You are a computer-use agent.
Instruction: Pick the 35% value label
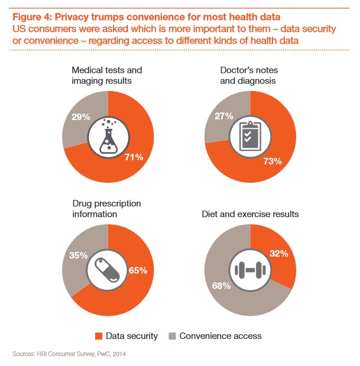pyautogui.click(x=77, y=257)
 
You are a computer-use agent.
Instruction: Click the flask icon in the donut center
pyautogui.click(x=108, y=136)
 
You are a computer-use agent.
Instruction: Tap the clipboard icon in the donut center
pyautogui.click(x=251, y=136)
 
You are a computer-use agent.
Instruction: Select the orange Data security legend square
pyautogui.click(x=99, y=336)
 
